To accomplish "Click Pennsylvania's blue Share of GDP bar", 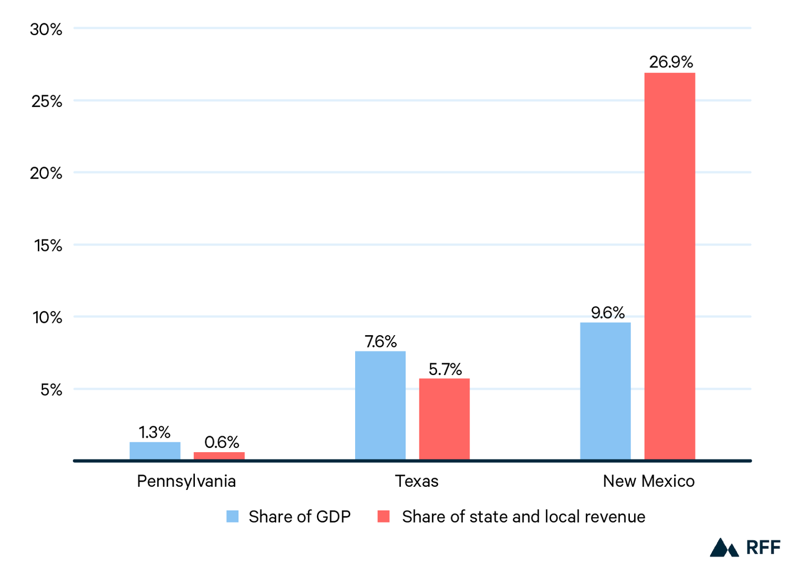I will (x=155, y=451).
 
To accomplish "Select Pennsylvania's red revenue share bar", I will (x=219, y=456).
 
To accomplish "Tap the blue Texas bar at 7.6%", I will (x=380, y=405).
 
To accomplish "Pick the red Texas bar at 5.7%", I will (x=444, y=419).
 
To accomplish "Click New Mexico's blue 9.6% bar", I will (x=605, y=391).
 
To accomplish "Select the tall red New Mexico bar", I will (x=669, y=266).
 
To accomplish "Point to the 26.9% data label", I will (x=671, y=62).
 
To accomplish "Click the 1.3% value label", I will (x=154, y=432).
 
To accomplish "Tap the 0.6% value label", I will (x=221, y=442).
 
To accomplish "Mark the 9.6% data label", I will (x=608, y=312).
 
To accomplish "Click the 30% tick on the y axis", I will (x=46, y=29).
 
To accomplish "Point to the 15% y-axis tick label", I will (x=48, y=245).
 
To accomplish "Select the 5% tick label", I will (x=51, y=390).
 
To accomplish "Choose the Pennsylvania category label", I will (x=186, y=481).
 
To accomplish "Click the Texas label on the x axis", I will (x=417, y=481).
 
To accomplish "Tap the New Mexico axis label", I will (x=649, y=481).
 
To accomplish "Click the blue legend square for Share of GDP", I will (x=233, y=517).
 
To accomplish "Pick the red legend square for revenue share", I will (x=383, y=517).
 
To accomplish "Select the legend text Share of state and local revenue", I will (x=523, y=517).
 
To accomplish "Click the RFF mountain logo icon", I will (x=724, y=547).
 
